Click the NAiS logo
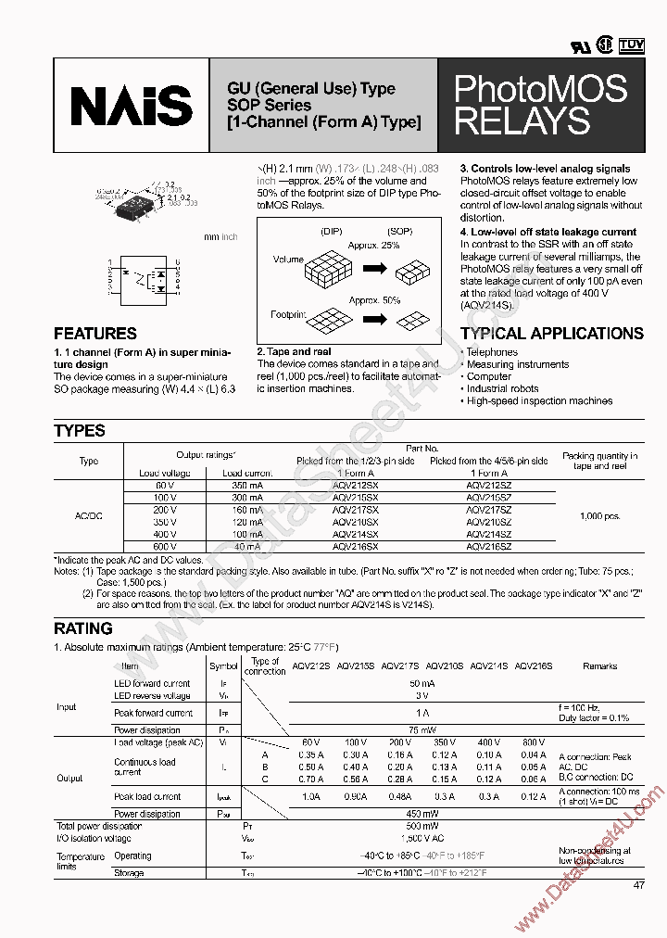click(132, 105)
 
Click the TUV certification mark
click(631, 44)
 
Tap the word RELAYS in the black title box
click(522, 121)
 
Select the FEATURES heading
click(95, 334)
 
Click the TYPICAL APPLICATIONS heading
click(551, 334)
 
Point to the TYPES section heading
click(80, 431)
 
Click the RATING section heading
click(83, 628)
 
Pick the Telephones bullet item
click(492, 352)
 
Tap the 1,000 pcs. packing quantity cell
click(600, 515)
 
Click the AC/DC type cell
click(89, 516)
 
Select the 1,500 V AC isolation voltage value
click(422, 838)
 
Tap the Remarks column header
click(599, 665)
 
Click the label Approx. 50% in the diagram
click(374, 301)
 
